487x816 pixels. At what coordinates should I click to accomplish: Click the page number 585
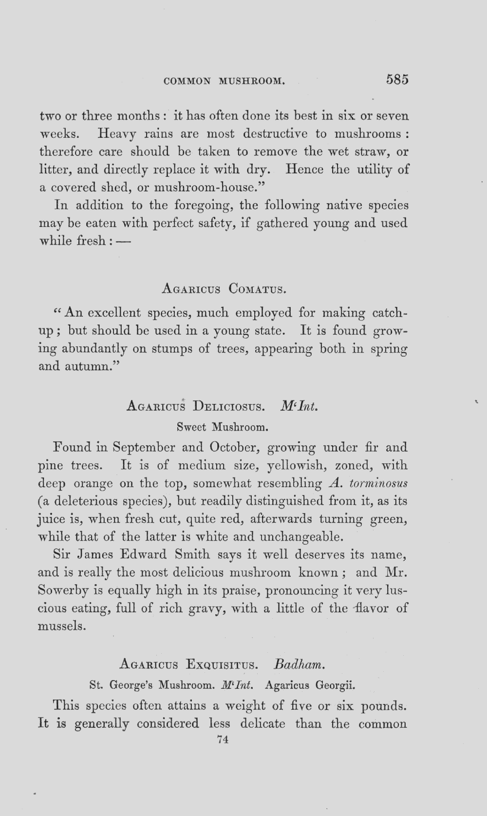pyautogui.click(x=397, y=79)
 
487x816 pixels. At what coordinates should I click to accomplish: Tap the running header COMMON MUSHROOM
pyautogui.click(x=224, y=81)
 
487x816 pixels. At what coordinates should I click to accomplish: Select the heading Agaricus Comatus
pyautogui.click(x=223, y=289)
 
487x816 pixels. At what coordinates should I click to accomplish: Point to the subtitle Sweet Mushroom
pyautogui.click(x=222, y=428)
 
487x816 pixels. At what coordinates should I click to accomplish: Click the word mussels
pyautogui.click(x=61, y=626)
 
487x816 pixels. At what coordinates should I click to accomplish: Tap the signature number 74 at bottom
pyautogui.click(x=223, y=740)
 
